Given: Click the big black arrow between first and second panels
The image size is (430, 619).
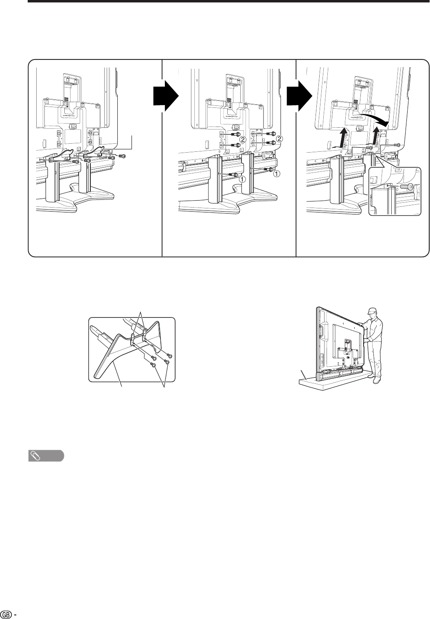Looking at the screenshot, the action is point(166,96).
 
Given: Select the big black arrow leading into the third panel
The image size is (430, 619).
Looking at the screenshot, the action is point(299,96).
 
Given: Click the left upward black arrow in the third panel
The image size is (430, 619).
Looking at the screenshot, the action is point(342,137).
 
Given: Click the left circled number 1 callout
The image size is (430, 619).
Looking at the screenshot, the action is point(242,179).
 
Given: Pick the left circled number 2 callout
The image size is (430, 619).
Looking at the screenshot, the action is point(242,140).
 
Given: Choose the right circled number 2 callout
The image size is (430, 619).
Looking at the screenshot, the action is point(279,139).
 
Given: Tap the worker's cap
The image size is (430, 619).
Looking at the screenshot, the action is point(372,310).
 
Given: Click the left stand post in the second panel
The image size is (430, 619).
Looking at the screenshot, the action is point(214,179).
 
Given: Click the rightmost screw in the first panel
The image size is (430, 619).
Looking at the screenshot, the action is point(123,156).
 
